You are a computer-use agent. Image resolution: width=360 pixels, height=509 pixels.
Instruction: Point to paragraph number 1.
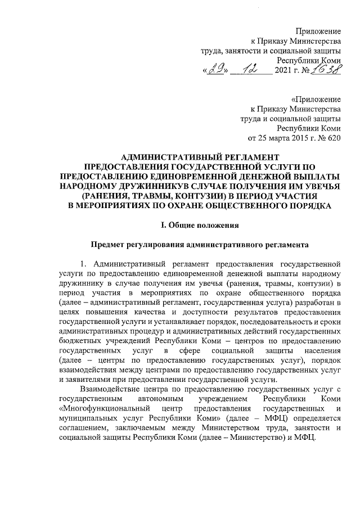coord(83,264)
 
